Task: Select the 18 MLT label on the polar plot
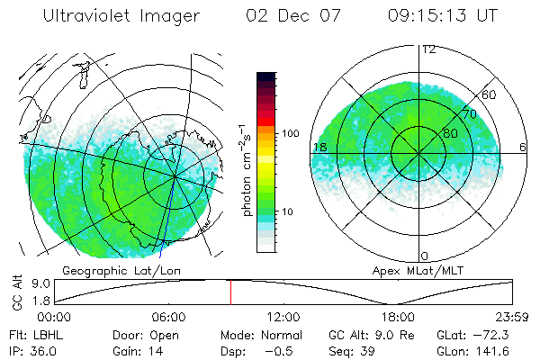(319, 147)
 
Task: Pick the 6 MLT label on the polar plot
(522, 147)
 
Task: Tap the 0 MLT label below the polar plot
(425, 256)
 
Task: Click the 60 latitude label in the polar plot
(490, 94)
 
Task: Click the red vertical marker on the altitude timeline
(230, 292)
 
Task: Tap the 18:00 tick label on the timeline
(398, 317)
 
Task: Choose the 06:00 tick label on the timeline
(168, 317)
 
